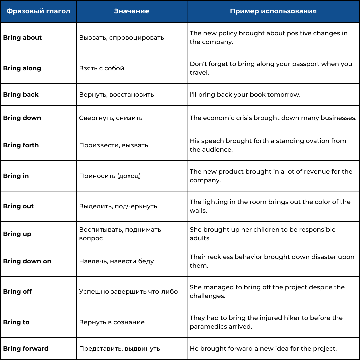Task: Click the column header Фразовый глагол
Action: (38, 11)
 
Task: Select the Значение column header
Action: (131, 11)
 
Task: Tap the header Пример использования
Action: (273, 11)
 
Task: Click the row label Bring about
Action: (22, 38)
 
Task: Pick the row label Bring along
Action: (22, 68)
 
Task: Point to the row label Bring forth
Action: (21, 145)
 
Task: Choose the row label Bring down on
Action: (27, 261)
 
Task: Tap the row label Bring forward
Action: (26, 349)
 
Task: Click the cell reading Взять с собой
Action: (101, 68)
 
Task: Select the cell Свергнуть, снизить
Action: (111, 118)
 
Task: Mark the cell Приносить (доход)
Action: (110, 176)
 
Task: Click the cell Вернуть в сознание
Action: (112, 322)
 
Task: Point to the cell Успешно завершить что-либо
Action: (128, 292)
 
